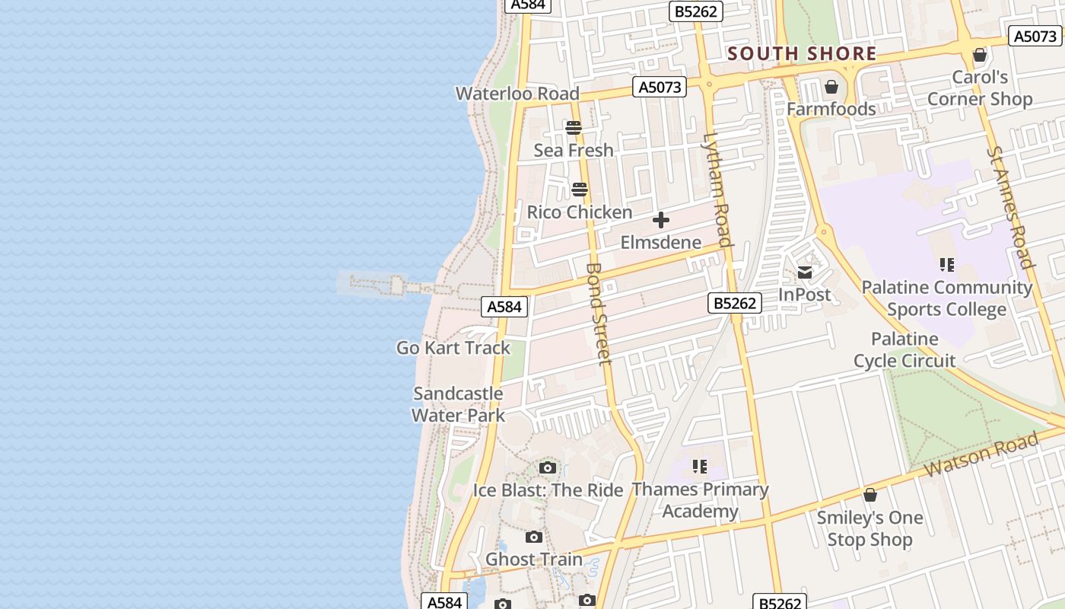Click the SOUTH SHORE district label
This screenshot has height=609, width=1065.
pyautogui.click(x=802, y=54)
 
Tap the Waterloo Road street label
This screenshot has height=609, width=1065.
pyautogui.click(x=517, y=94)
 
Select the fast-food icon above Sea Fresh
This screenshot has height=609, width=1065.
pyautogui.click(x=574, y=127)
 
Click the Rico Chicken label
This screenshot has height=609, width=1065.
pyautogui.click(x=580, y=212)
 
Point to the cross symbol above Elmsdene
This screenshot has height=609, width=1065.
pyautogui.click(x=661, y=221)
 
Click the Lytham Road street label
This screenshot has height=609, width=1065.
pyautogui.click(x=717, y=190)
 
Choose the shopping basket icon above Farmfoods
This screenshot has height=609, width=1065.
pyautogui.click(x=831, y=87)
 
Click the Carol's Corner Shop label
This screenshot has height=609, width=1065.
pyautogui.click(x=980, y=88)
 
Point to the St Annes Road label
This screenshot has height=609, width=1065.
pyautogui.click(x=1011, y=207)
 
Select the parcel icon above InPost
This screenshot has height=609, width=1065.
pyautogui.click(x=805, y=273)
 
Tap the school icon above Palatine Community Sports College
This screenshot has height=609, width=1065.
pyautogui.click(x=946, y=265)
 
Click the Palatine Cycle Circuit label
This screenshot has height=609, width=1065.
pyautogui.click(x=904, y=349)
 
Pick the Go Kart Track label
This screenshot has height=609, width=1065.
pyautogui.click(x=453, y=348)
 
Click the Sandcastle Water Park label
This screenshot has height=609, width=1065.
pyautogui.click(x=458, y=404)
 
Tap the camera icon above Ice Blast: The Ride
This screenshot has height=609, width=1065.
pyautogui.click(x=548, y=467)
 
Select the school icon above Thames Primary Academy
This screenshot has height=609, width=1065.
pyautogui.click(x=700, y=466)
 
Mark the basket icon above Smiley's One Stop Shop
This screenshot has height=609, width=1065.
pyautogui.click(x=870, y=496)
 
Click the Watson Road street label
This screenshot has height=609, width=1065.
pyautogui.click(x=981, y=454)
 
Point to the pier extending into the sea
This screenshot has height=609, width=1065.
pyautogui.click(x=396, y=286)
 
